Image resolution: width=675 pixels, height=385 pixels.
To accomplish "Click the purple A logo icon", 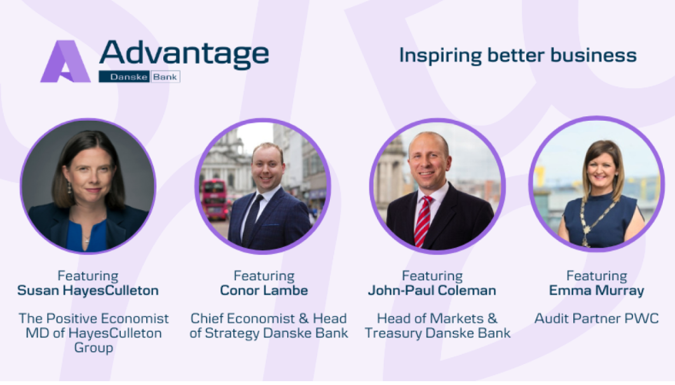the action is click(65, 61).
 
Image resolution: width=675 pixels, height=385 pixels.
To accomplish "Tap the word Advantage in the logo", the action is click(184, 54).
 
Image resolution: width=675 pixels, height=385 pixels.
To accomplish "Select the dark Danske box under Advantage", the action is click(124, 77).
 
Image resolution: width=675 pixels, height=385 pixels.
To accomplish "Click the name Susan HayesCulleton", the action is click(88, 290).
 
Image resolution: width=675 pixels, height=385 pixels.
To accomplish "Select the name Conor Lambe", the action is click(264, 290).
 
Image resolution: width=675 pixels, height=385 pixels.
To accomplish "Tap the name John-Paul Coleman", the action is click(432, 290).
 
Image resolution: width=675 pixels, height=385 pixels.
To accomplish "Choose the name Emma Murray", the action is click(597, 291).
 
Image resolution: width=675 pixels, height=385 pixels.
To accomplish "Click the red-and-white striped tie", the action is click(422, 221).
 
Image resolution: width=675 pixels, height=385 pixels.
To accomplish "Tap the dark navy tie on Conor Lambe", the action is click(252, 219).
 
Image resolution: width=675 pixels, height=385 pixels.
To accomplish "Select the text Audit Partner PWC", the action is click(596, 318).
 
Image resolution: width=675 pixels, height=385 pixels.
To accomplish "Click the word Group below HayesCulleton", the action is click(93, 348).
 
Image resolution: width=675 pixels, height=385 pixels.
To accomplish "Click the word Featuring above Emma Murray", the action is click(597, 276).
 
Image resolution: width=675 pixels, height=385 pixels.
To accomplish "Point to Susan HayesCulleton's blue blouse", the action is click(86, 235).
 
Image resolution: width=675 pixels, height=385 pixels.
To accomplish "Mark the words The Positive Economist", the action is click(93, 318).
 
